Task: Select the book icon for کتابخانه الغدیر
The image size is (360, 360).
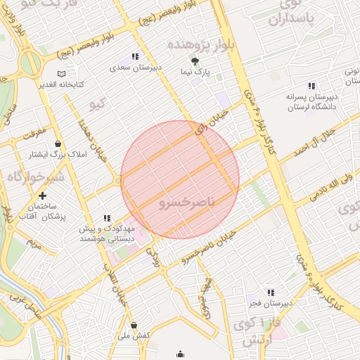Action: [62, 74]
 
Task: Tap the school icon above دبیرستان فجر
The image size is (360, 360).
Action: [270, 292]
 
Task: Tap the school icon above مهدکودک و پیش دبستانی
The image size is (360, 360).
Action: [107, 219]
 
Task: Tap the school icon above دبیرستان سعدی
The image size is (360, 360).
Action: [135, 56]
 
